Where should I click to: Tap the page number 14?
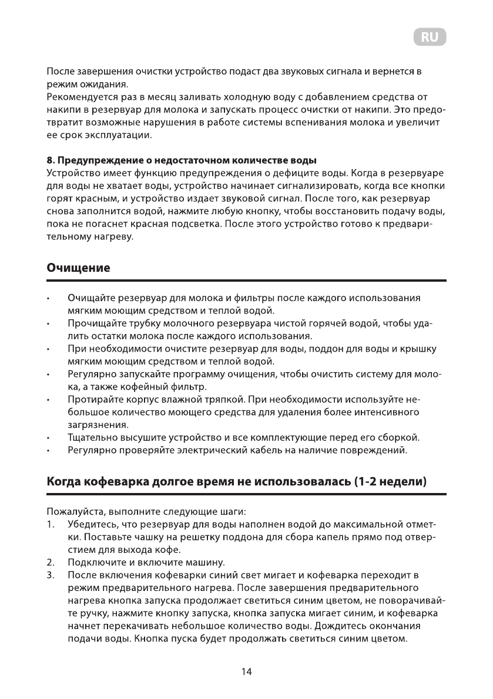247,671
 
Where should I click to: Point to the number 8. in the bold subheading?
51,160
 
